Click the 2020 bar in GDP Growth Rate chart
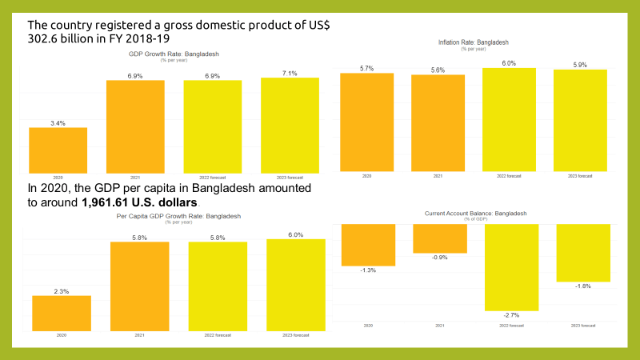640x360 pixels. [58, 150]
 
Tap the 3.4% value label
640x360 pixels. [58, 123]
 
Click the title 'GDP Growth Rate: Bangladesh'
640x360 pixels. [174, 54]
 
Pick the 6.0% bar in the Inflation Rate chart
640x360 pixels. [510, 119]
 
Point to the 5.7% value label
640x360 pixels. [366, 68]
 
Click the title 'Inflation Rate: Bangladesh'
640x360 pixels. [474, 42]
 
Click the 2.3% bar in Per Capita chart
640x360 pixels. [62, 313]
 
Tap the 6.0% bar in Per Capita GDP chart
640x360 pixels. [296, 284]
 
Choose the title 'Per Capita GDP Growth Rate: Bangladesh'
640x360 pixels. [178, 216]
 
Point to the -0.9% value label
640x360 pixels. [439, 257]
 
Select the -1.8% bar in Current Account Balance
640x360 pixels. [582, 253]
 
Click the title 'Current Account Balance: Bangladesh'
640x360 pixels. [477, 214]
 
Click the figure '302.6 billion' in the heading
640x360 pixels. [64, 37]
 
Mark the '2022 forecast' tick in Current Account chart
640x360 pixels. [510, 326]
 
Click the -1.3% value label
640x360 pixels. [368, 270]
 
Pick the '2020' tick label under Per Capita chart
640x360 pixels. [62, 336]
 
